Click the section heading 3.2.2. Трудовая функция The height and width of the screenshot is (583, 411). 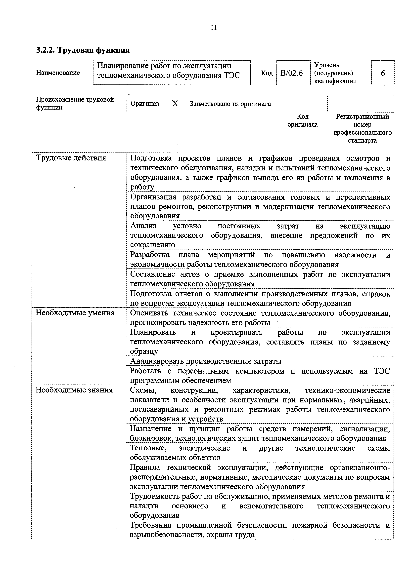83,50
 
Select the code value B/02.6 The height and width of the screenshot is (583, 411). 292,73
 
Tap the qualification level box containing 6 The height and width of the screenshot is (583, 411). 383,73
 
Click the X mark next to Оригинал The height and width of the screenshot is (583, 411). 175,103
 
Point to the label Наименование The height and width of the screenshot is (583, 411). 58,73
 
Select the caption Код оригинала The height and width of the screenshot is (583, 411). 303,120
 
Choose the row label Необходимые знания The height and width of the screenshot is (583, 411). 74,390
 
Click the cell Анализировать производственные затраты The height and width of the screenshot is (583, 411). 206,361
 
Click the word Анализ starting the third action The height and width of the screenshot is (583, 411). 143,226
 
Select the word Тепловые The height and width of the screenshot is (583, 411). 148,448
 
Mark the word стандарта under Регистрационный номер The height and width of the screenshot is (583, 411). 362,140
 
